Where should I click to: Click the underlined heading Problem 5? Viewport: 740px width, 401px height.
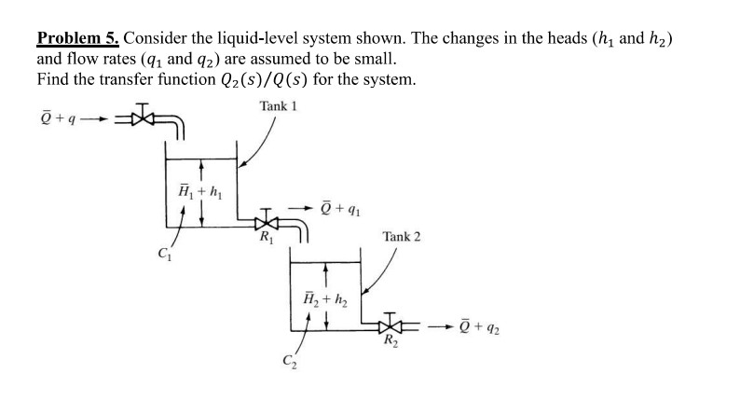point(78,38)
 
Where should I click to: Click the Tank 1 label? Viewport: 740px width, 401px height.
point(279,105)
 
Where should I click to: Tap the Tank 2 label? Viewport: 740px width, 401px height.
point(401,237)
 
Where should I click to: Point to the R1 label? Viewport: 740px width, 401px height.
point(267,242)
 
